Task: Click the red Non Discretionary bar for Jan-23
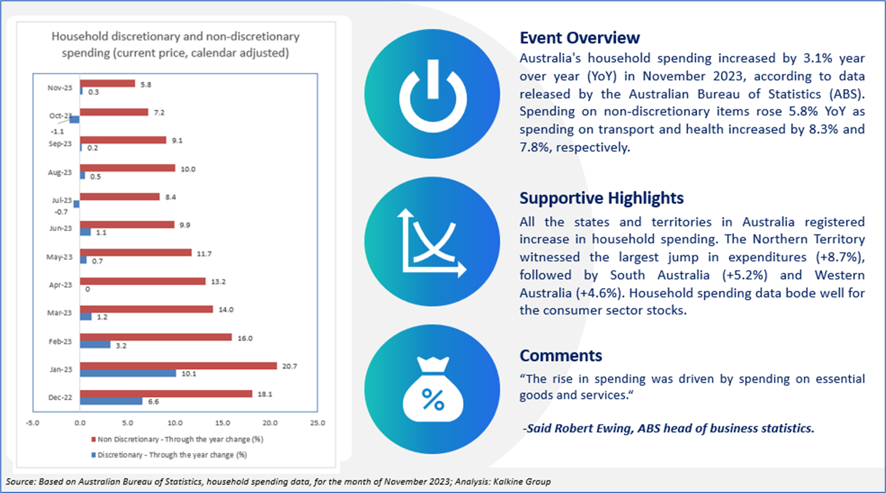(178, 366)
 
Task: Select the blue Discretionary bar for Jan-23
(128, 373)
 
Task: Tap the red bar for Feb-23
(156, 337)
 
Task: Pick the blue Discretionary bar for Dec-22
(111, 401)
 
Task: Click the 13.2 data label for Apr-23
(219, 282)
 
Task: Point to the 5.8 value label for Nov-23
(146, 85)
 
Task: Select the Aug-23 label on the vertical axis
(60, 172)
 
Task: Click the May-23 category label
(59, 257)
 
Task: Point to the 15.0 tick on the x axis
(223, 423)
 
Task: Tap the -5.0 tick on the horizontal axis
(33, 423)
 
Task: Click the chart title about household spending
(175, 44)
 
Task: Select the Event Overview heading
(579, 38)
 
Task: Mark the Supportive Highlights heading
(601, 198)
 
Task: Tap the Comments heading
(560, 355)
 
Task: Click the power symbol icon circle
(432, 94)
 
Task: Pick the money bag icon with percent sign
(433, 389)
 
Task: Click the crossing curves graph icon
(432, 242)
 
